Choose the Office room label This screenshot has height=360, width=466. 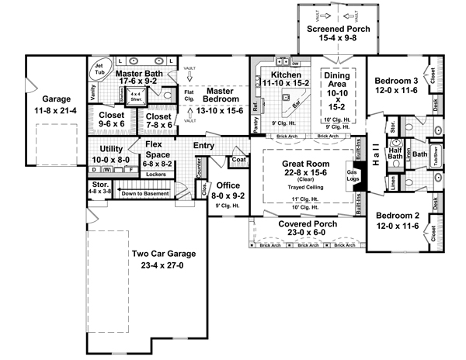tap(228, 185)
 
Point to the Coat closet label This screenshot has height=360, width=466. tap(238, 161)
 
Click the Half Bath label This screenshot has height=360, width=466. tap(395, 155)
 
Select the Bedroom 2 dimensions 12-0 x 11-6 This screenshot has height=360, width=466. tap(398, 226)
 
